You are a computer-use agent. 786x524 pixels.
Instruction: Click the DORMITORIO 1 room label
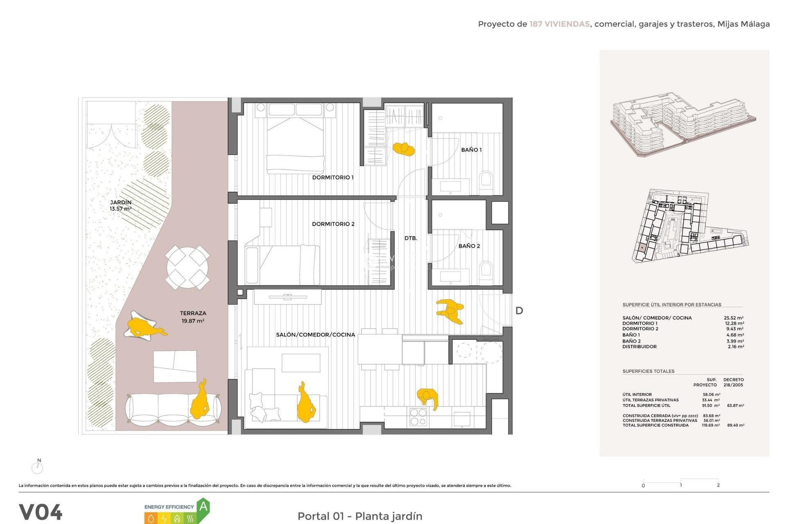(332, 177)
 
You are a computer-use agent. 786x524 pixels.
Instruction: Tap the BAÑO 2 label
(469, 246)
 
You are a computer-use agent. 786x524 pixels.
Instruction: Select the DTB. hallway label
(411, 238)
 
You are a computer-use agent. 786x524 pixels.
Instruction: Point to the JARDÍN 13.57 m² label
(121, 206)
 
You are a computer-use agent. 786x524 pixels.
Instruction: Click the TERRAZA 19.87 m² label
(193, 317)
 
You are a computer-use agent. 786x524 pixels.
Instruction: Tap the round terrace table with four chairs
(187, 267)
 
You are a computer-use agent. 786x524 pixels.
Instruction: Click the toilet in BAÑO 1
(486, 181)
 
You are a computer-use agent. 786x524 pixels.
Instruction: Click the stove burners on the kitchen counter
(418, 417)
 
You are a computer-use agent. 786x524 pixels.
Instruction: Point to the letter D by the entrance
(519, 311)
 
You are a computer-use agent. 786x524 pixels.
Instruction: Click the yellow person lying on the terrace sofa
(201, 400)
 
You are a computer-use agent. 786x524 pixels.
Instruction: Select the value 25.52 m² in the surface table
(734, 318)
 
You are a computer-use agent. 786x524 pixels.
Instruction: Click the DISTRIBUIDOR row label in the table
(639, 346)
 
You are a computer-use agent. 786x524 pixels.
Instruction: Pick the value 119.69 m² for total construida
(711, 425)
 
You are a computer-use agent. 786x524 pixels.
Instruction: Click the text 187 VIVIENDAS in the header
(559, 24)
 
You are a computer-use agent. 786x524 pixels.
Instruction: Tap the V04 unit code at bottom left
(41, 512)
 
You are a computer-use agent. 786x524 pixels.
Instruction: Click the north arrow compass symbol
(37, 467)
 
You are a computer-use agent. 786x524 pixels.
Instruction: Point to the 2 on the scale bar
(718, 485)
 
